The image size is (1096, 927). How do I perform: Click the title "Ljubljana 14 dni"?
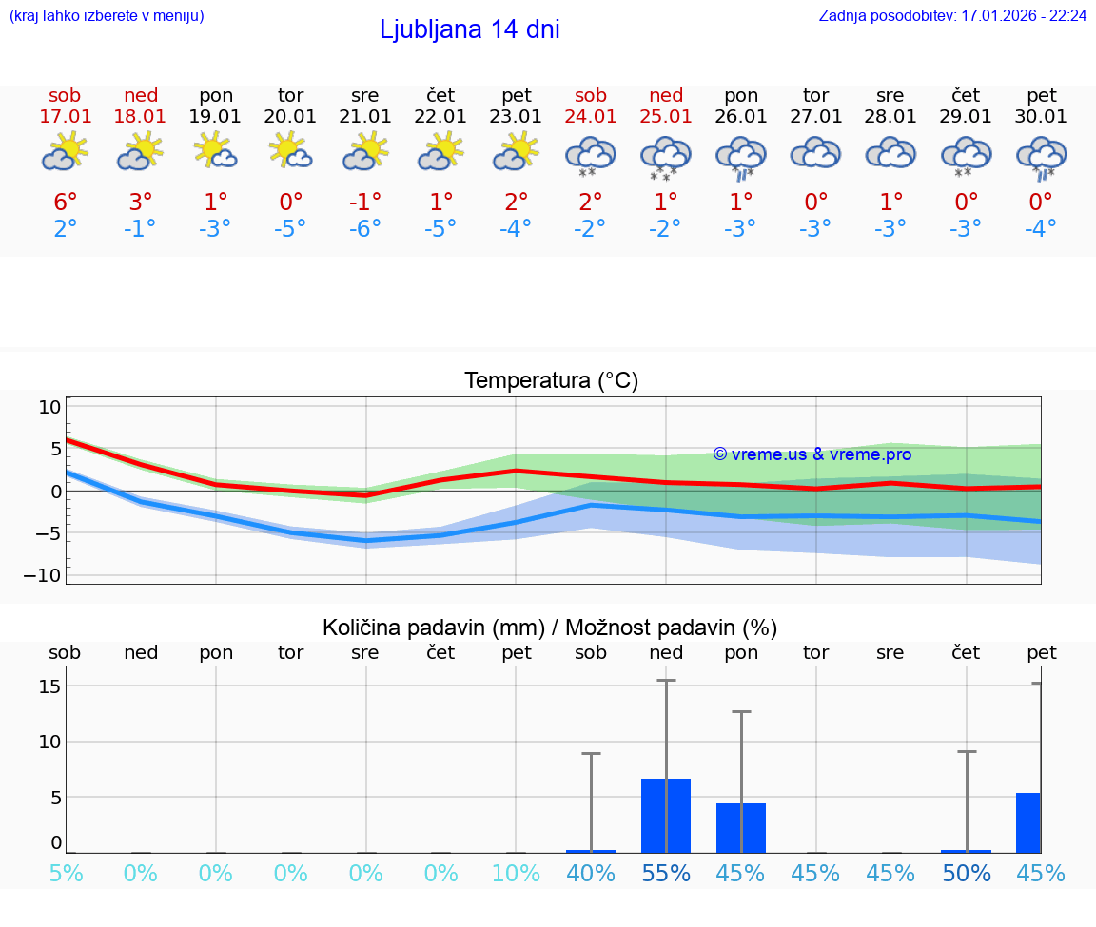click(469, 29)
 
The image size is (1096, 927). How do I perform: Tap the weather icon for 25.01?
click(666, 157)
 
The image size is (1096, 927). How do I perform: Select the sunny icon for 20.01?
click(290, 151)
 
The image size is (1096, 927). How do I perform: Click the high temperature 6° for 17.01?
click(65, 203)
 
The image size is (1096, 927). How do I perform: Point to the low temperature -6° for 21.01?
click(365, 229)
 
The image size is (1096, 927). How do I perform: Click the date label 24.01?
click(591, 116)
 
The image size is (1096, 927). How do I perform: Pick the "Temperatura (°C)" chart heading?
click(551, 381)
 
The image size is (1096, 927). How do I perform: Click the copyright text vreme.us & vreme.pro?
click(812, 454)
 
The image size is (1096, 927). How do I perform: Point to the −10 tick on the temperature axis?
click(49, 575)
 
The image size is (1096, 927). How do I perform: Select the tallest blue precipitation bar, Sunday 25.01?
click(666, 816)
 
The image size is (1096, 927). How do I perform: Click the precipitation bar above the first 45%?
click(741, 828)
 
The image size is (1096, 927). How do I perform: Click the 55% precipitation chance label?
click(666, 873)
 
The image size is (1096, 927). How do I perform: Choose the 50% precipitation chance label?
click(967, 873)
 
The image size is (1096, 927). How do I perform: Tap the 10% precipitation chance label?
click(516, 873)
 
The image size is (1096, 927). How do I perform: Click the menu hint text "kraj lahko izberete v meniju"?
click(107, 16)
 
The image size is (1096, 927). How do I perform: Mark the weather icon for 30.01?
click(1042, 157)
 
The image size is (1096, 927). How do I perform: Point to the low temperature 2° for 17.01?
click(65, 229)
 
